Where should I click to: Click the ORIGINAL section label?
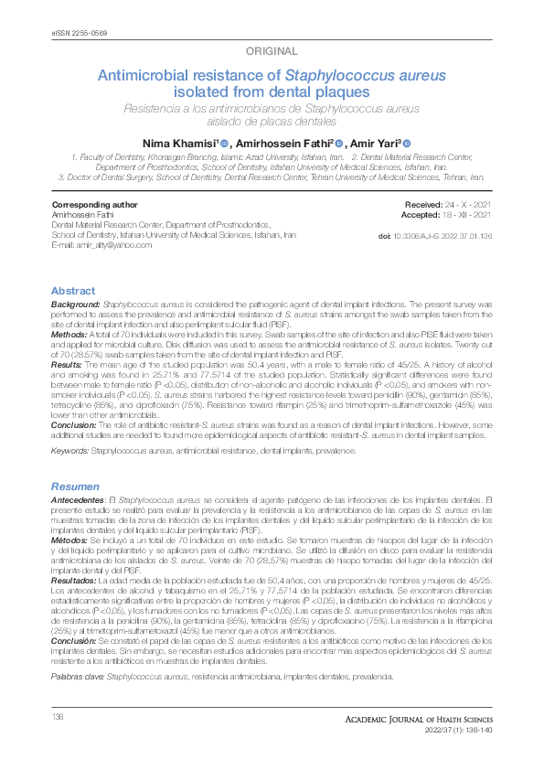pyautogui.click(x=272, y=51)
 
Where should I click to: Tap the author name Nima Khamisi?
pyautogui.click(x=177, y=143)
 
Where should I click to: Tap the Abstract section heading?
pyautogui.click(x=72, y=291)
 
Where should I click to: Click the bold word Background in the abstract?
pyautogui.click(x=75, y=302)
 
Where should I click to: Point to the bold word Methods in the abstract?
pyautogui.click(x=69, y=336)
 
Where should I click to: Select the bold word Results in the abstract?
pyautogui.click(x=68, y=361)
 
